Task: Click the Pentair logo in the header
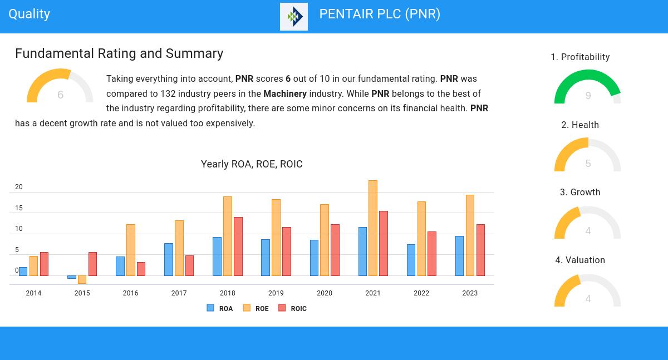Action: click(x=294, y=17)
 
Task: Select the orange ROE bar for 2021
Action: click(x=373, y=228)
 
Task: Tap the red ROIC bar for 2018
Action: click(x=238, y=246)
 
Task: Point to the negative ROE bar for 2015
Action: click(x=82, y=279)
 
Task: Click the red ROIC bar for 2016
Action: click(x=141, y=269)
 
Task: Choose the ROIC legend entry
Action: click(x=293, y=308)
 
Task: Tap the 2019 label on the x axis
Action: click(x=276, y=293)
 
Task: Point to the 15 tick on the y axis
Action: click(x=19, y=208)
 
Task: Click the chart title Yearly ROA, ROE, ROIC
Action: click(x=252, y=164)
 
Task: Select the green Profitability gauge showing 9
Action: click(x=587, y=87)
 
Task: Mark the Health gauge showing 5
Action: click(x=587, y=155)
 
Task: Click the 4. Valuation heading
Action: click(x=580, y=260)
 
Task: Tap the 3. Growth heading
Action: click(x=580, y=193)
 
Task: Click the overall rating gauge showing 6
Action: click(x=60, y=87)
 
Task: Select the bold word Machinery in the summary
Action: click(x=285, y=94)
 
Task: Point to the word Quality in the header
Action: click(x=30, y=14)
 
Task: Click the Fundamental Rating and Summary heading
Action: click(x=119, y=53)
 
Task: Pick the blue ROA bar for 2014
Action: click(x=23, y=272)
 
